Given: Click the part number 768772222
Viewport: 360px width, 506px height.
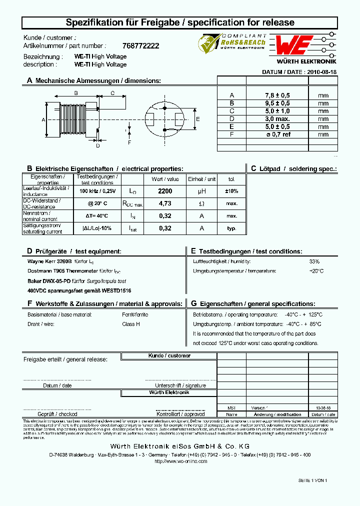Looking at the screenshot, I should pyautogui.click(x=140, y=45).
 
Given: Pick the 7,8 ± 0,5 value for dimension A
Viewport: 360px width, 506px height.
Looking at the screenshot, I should pyautogui.click(x=277, y=95).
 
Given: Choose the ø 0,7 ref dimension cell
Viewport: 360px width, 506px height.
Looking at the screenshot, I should pyautogui.click(x=277, y=134).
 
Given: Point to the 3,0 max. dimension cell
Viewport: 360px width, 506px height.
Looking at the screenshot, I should pyautogui.click(x=277, y=119).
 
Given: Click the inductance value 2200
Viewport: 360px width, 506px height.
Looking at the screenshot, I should pyautogui.click(x=164, y=191).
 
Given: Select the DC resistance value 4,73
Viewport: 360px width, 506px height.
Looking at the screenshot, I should pyautogui.click(x=164, y=203).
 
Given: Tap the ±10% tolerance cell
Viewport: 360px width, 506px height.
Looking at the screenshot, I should pyautogui.click(x=231, y=191).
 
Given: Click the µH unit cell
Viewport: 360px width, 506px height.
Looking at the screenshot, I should pyautogui.click(x=202, y=191).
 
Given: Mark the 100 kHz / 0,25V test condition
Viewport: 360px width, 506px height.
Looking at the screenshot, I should pyautogui.click(x=97, y=191).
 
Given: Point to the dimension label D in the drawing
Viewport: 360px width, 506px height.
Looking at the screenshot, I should pyautogui.click(x=98, y=146).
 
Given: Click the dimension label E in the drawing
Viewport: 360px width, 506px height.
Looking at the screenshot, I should pyautogui.click(x=197, y=119).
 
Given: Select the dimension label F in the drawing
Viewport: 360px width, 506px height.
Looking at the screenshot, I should pyautogui.click(x=129, y=142).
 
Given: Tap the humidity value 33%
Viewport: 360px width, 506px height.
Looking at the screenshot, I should pyautogui.click(x=314, y=261).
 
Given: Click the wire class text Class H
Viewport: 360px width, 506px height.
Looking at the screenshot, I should pyautogui.click(x=131, y=324).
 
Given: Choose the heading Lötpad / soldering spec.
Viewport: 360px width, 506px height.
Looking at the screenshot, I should pyautogui.click(x=293, y=169).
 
